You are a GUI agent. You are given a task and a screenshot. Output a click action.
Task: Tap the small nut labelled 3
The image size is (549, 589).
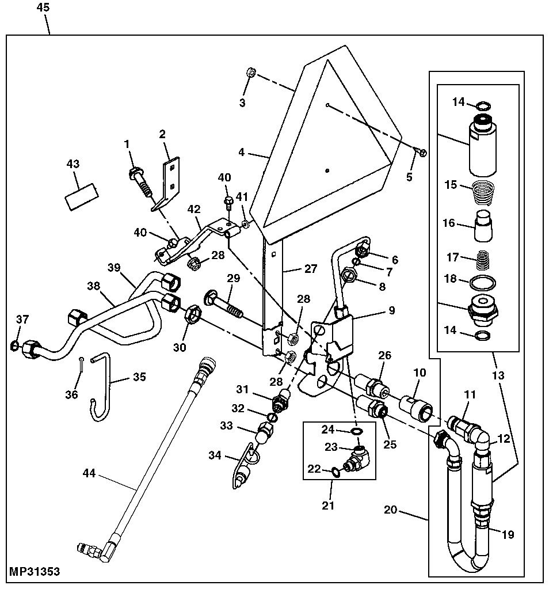pos(251,73)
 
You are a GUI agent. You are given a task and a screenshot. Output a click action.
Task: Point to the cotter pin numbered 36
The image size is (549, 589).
pos(83,362)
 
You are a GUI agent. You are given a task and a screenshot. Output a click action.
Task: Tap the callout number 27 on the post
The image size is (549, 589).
pos(310,268)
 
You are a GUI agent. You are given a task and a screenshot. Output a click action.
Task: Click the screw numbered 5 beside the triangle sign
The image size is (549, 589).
pos(422,152)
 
